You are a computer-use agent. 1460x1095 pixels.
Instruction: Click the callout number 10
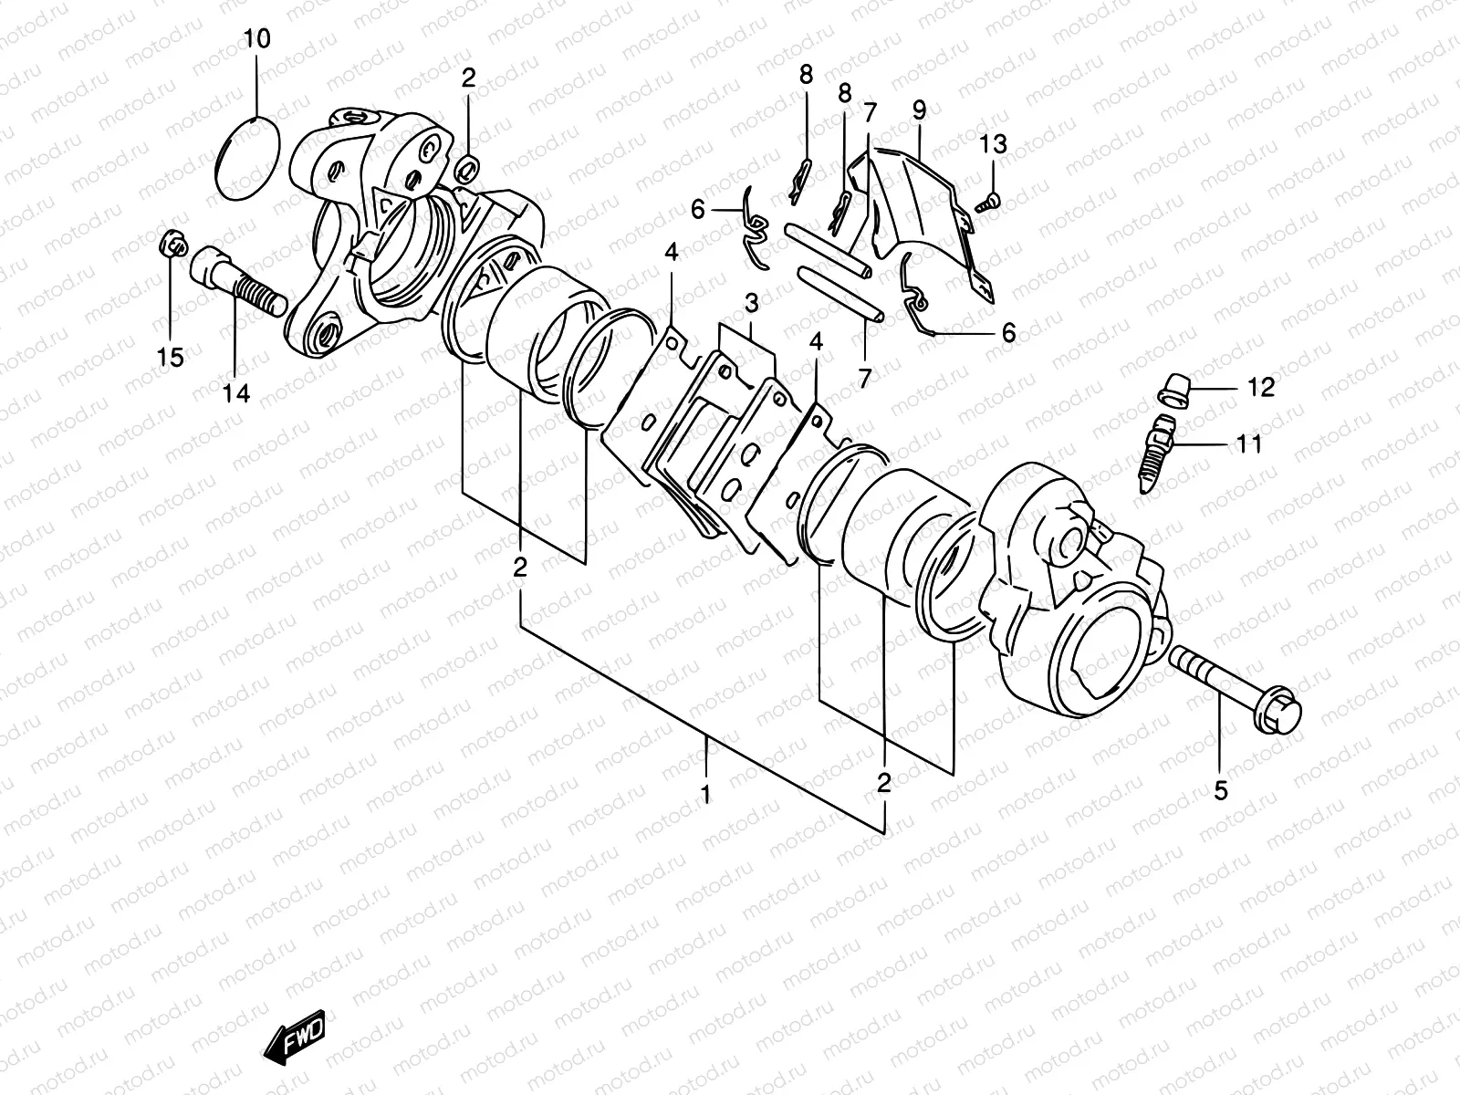pos(257,39)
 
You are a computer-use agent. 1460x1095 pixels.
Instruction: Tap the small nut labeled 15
pos(171,243)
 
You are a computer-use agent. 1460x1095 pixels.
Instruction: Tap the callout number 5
pos(1220,791)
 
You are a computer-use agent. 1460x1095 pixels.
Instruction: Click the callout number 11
pos(1248,444)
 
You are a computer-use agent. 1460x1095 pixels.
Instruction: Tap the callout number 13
pos(994,143)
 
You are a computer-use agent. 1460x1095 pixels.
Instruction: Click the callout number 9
pos(919,110)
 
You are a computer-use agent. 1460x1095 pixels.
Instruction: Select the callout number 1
pos(705,795)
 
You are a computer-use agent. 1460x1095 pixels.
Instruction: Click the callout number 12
pos(1260,388)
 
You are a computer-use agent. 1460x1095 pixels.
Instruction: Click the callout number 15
pos(171,357)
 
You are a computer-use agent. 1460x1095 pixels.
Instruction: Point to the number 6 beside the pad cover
pos(1007,333)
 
